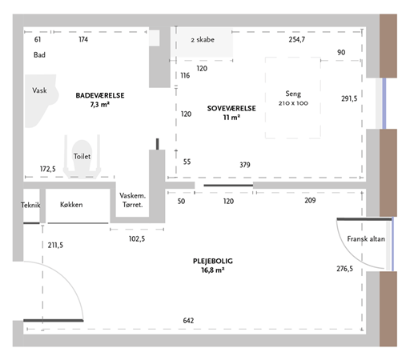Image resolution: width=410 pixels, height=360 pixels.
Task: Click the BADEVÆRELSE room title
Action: (x=100, y=95)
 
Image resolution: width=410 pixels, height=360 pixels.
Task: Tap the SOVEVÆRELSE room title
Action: (x=231, y=108)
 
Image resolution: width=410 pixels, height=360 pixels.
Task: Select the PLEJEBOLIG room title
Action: (x=213, y=261)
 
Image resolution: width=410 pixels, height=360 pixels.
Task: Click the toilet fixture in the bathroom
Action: (x=82, y=156)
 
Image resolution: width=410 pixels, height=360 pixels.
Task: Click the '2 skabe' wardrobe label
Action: (x=203, y=40)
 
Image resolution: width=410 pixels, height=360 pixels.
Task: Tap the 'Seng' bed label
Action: (x=293, y=94)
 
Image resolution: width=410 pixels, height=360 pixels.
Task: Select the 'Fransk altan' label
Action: (x=366, y=239)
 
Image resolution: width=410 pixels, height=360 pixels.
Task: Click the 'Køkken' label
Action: (x=71, y=205)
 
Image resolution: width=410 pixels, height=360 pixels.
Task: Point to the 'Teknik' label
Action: (x=30, y=205)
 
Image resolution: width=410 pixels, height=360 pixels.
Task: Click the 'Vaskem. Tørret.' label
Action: (x=132, y=200)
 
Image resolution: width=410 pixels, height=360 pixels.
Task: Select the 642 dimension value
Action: (x=188, y=320)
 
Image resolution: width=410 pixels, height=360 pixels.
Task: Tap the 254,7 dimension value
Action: (x=296, y=39)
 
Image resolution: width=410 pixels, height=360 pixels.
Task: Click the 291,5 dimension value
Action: (x=349, y=98)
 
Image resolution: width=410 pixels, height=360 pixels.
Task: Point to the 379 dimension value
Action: (x=245, y=165)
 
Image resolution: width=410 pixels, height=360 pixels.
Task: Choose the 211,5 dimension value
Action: (x=55, y=245)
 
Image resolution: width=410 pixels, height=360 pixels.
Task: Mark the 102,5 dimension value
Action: (x=137, y=238)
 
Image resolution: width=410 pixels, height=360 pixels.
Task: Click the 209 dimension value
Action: (x=310, y=200)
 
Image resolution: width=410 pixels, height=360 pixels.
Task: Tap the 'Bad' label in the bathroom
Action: (x=39, y=55)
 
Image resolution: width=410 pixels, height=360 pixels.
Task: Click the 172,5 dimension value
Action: (x=48, y=169)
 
